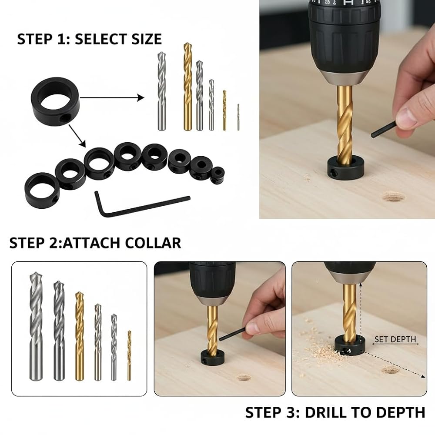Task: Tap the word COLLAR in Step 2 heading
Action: point(153,243)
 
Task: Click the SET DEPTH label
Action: point(395,339)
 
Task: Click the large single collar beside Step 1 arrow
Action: point(56,101)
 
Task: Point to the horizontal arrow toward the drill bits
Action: point(112,97)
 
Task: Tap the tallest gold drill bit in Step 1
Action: point(187,87)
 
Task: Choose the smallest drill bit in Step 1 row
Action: point(238,117)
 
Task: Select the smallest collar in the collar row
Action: point(217,175)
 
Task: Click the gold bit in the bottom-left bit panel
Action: point(79,336)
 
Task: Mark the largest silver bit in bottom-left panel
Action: point(36,326)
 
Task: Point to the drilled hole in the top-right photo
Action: point(393,197)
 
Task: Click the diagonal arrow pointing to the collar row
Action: point(77,136)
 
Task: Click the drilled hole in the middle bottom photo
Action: point(244,378)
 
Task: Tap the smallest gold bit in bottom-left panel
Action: point(129,355)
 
